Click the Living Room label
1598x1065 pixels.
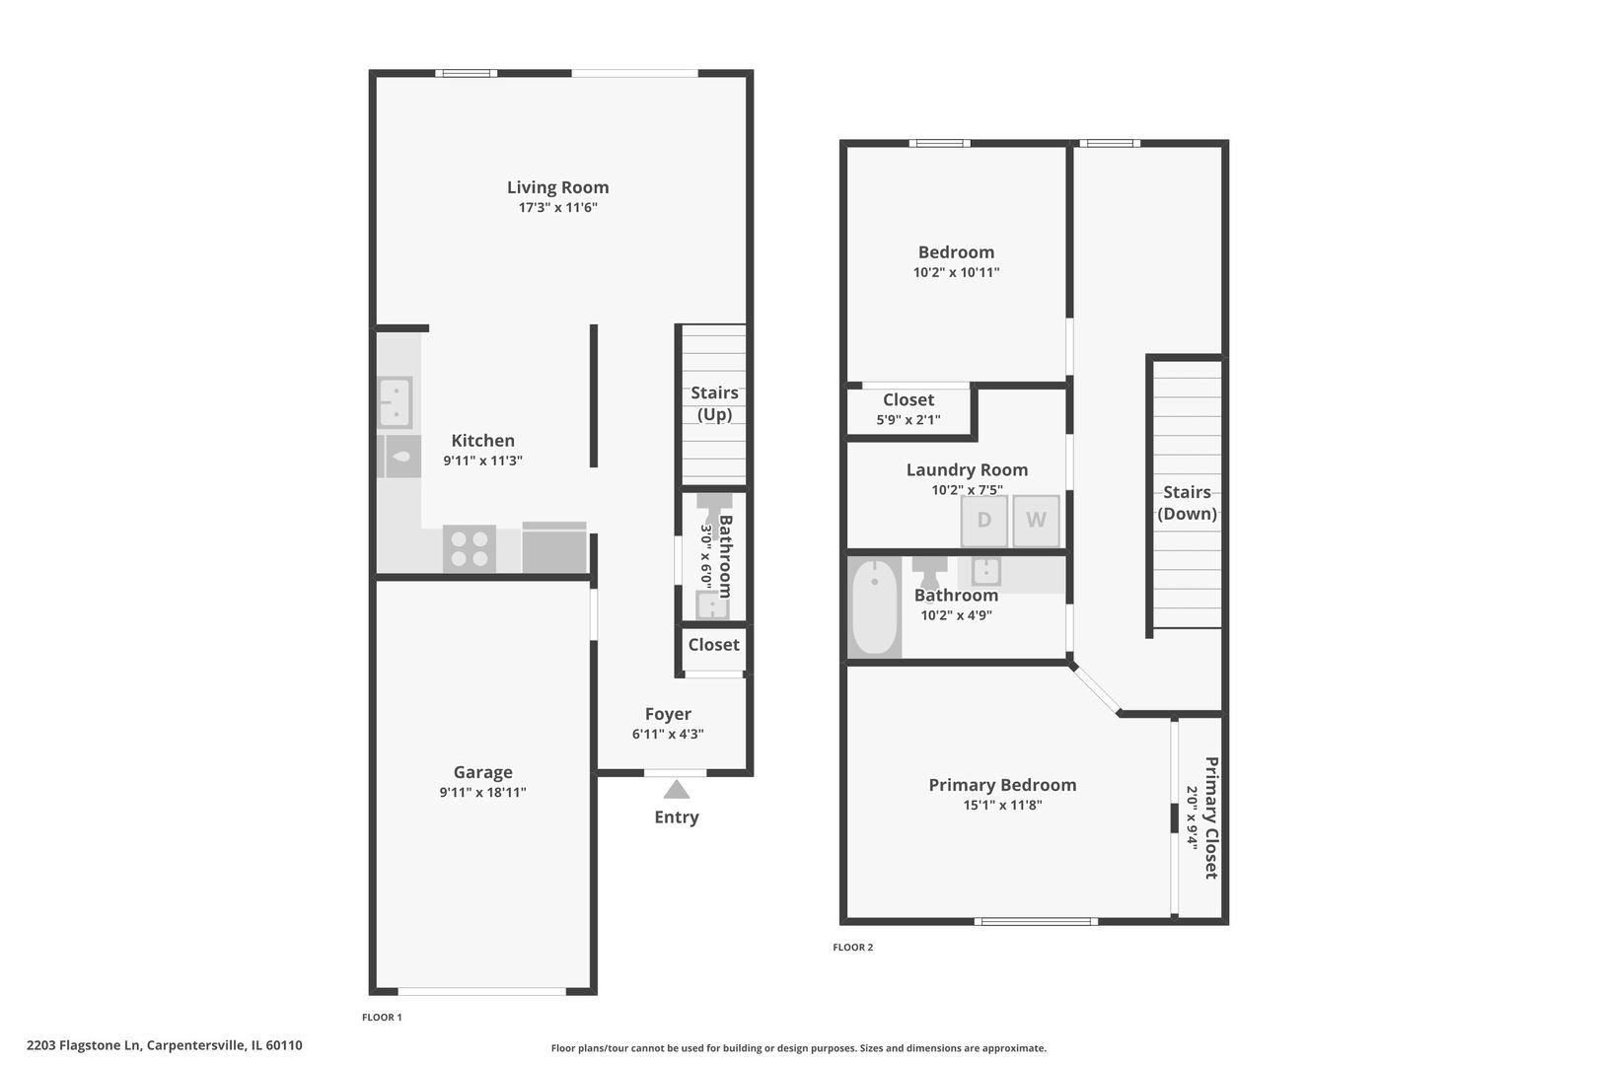click(x=558, y=187)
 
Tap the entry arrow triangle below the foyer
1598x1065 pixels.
click(x=677, y=790)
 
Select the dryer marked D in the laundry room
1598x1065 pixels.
click(x=983, y=520)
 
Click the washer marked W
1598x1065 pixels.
click(x=1036, y=520)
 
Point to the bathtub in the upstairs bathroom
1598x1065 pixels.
click(x=875, y=607)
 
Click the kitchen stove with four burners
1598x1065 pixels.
click(x=470, y=548)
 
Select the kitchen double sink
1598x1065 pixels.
click(x=395, y=402)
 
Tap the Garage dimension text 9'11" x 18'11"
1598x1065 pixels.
click(x=483, y=792)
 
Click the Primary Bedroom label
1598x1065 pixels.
click(x=1002, y=785)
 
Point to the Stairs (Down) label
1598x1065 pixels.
click(x=1187, y=503)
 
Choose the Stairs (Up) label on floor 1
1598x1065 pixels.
click(x=714, y=403)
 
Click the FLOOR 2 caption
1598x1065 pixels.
click(x=852, y=948)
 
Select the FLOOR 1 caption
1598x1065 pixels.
click(x=382, y=1018)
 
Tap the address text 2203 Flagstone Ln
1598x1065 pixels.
click(x=83, y=1045)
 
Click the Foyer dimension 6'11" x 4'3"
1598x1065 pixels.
click(x=668, y=734)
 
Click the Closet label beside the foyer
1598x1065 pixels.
click(x=713, y=645)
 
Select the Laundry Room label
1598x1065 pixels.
click(x=967, y=470)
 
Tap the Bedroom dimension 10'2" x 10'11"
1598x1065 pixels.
click(x=956, y=272)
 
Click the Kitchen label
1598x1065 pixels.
click(x=483, y=441)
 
